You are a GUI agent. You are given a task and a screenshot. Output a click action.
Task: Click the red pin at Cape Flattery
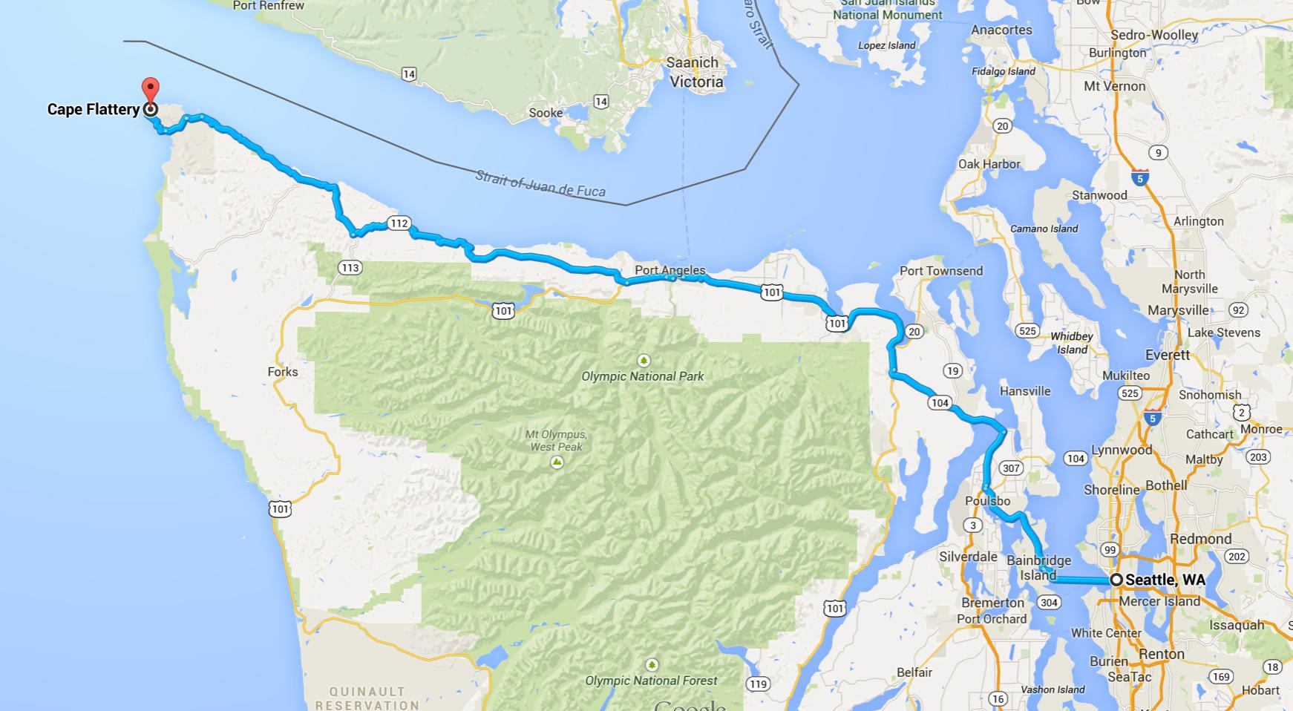pyautogui.click(x=151, y=91)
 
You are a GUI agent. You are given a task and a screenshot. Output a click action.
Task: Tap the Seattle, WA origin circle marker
pyautogui.click(x=1116, y=580)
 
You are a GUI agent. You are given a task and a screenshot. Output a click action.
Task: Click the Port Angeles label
pyautogui.click(x=670, y=270)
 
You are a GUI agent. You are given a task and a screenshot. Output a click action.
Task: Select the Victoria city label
pyautogui.click(x=696, y=82)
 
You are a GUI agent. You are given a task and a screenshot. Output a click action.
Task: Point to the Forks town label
pyautogui.click(x=283, y=372)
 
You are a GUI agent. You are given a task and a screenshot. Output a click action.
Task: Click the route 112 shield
pyautogui.click(x=399, y=223)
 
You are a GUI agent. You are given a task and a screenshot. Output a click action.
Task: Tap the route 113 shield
pyautogui.click(x=350, y=267)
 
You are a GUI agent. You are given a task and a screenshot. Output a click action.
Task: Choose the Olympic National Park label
pyautogui.click(x=642, y=376)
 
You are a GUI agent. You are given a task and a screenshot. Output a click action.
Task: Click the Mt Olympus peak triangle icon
pyautogui.click(x=557, y=462)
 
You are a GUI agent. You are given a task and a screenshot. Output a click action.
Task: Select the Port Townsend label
pyautogui.click(x=940, y=271)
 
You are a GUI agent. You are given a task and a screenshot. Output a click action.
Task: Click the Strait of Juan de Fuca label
pyautogui.click(x=540, y=184)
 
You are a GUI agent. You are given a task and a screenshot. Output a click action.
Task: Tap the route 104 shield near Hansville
pyautogui.click(x=939, y=402)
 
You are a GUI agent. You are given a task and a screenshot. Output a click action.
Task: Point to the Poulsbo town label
pyautogui.click(x=988, y=501)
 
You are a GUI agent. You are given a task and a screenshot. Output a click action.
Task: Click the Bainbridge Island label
pyautogui.click(x=1038, y=568)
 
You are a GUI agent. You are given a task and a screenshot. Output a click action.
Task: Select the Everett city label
pyautogui.click(x=1167, y=355)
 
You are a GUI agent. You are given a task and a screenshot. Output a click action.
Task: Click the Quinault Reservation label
pyautogui.click(x=367, y=698)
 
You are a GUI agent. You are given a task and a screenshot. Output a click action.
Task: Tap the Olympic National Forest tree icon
pyautogui.click(x=652, y=664)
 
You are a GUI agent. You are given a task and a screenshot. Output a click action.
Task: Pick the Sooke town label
pyautogui.click(x=546, y=113)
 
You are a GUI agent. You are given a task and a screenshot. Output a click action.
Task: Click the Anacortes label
pyautogui.click(x=1001, y=30)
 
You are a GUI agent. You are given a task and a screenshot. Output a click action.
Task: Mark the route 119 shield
pyautogui.click(x=758, y=684)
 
